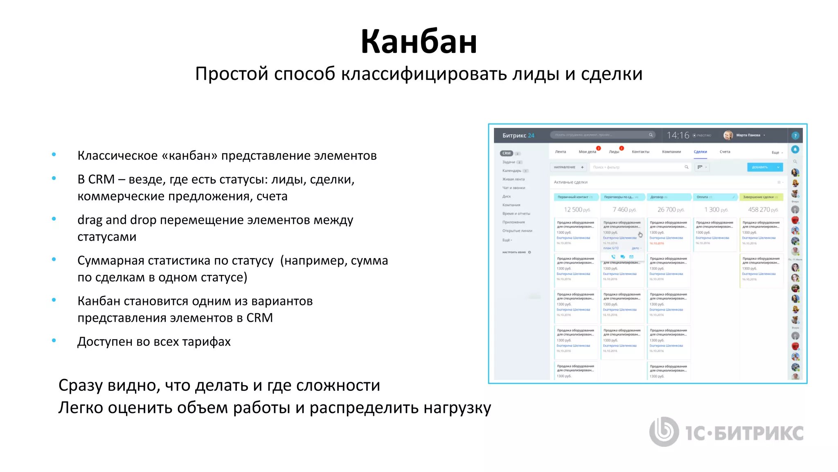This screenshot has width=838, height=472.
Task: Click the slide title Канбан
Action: coord(419,42)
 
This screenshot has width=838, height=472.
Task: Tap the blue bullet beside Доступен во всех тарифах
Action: coord(54,340)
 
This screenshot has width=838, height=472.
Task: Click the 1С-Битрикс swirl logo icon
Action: coord(664,431)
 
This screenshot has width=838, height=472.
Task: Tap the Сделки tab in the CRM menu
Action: coord(700,152)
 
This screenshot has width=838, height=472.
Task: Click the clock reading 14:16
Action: coord(678,135)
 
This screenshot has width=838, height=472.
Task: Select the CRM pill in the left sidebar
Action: coord(507,153)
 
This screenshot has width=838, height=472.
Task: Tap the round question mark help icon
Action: coord(795,136)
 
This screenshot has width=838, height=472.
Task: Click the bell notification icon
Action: coord(795,149)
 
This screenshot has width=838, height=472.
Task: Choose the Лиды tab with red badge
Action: coord(614,152)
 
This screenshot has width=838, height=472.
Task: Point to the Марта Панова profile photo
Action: coord(728,135)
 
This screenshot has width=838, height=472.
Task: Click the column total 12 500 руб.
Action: coord(577,210)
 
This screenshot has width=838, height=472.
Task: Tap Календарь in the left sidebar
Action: coord(512,171)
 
